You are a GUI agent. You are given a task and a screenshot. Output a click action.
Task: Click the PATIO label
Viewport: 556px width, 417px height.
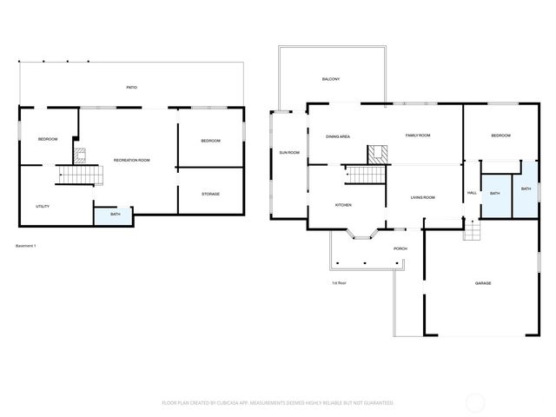tap(131, 88)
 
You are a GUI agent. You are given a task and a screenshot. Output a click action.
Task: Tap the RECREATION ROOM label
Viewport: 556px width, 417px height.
tap(132, 160)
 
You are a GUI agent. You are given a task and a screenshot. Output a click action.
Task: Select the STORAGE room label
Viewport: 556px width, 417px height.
tap(210, 194)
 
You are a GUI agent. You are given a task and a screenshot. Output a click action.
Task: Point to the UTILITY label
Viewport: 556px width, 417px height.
tap(42, 206)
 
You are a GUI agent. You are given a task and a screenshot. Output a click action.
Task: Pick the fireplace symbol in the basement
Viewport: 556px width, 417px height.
tap(80, 156)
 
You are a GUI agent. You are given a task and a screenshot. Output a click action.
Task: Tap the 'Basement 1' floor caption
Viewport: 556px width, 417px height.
tap(26, 246)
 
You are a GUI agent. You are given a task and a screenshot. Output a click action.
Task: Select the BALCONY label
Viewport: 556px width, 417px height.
tap(330, 80)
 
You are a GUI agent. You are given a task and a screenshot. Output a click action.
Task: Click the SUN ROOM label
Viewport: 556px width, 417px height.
tap(288, 153)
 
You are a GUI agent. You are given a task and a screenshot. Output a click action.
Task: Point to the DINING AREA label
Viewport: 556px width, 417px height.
tap(338, 136)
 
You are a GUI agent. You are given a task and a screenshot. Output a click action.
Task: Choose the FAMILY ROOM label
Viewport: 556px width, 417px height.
tap(419, 136)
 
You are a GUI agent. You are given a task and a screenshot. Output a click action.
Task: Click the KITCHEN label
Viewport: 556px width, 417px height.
tap(343, 205)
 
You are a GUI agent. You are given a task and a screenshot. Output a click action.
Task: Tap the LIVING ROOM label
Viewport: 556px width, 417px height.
tap(423, 197)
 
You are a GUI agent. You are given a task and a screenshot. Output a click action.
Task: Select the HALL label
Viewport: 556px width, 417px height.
tap(472, 192)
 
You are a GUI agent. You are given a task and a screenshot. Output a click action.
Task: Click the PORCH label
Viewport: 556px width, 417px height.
tap(400, 248)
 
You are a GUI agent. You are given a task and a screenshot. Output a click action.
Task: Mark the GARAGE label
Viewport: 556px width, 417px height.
tap(483, 283)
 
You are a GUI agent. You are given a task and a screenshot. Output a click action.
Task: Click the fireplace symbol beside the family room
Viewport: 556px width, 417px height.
tap(378, 155)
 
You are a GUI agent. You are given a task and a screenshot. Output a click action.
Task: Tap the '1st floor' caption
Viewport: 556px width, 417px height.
tap(339, 282)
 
